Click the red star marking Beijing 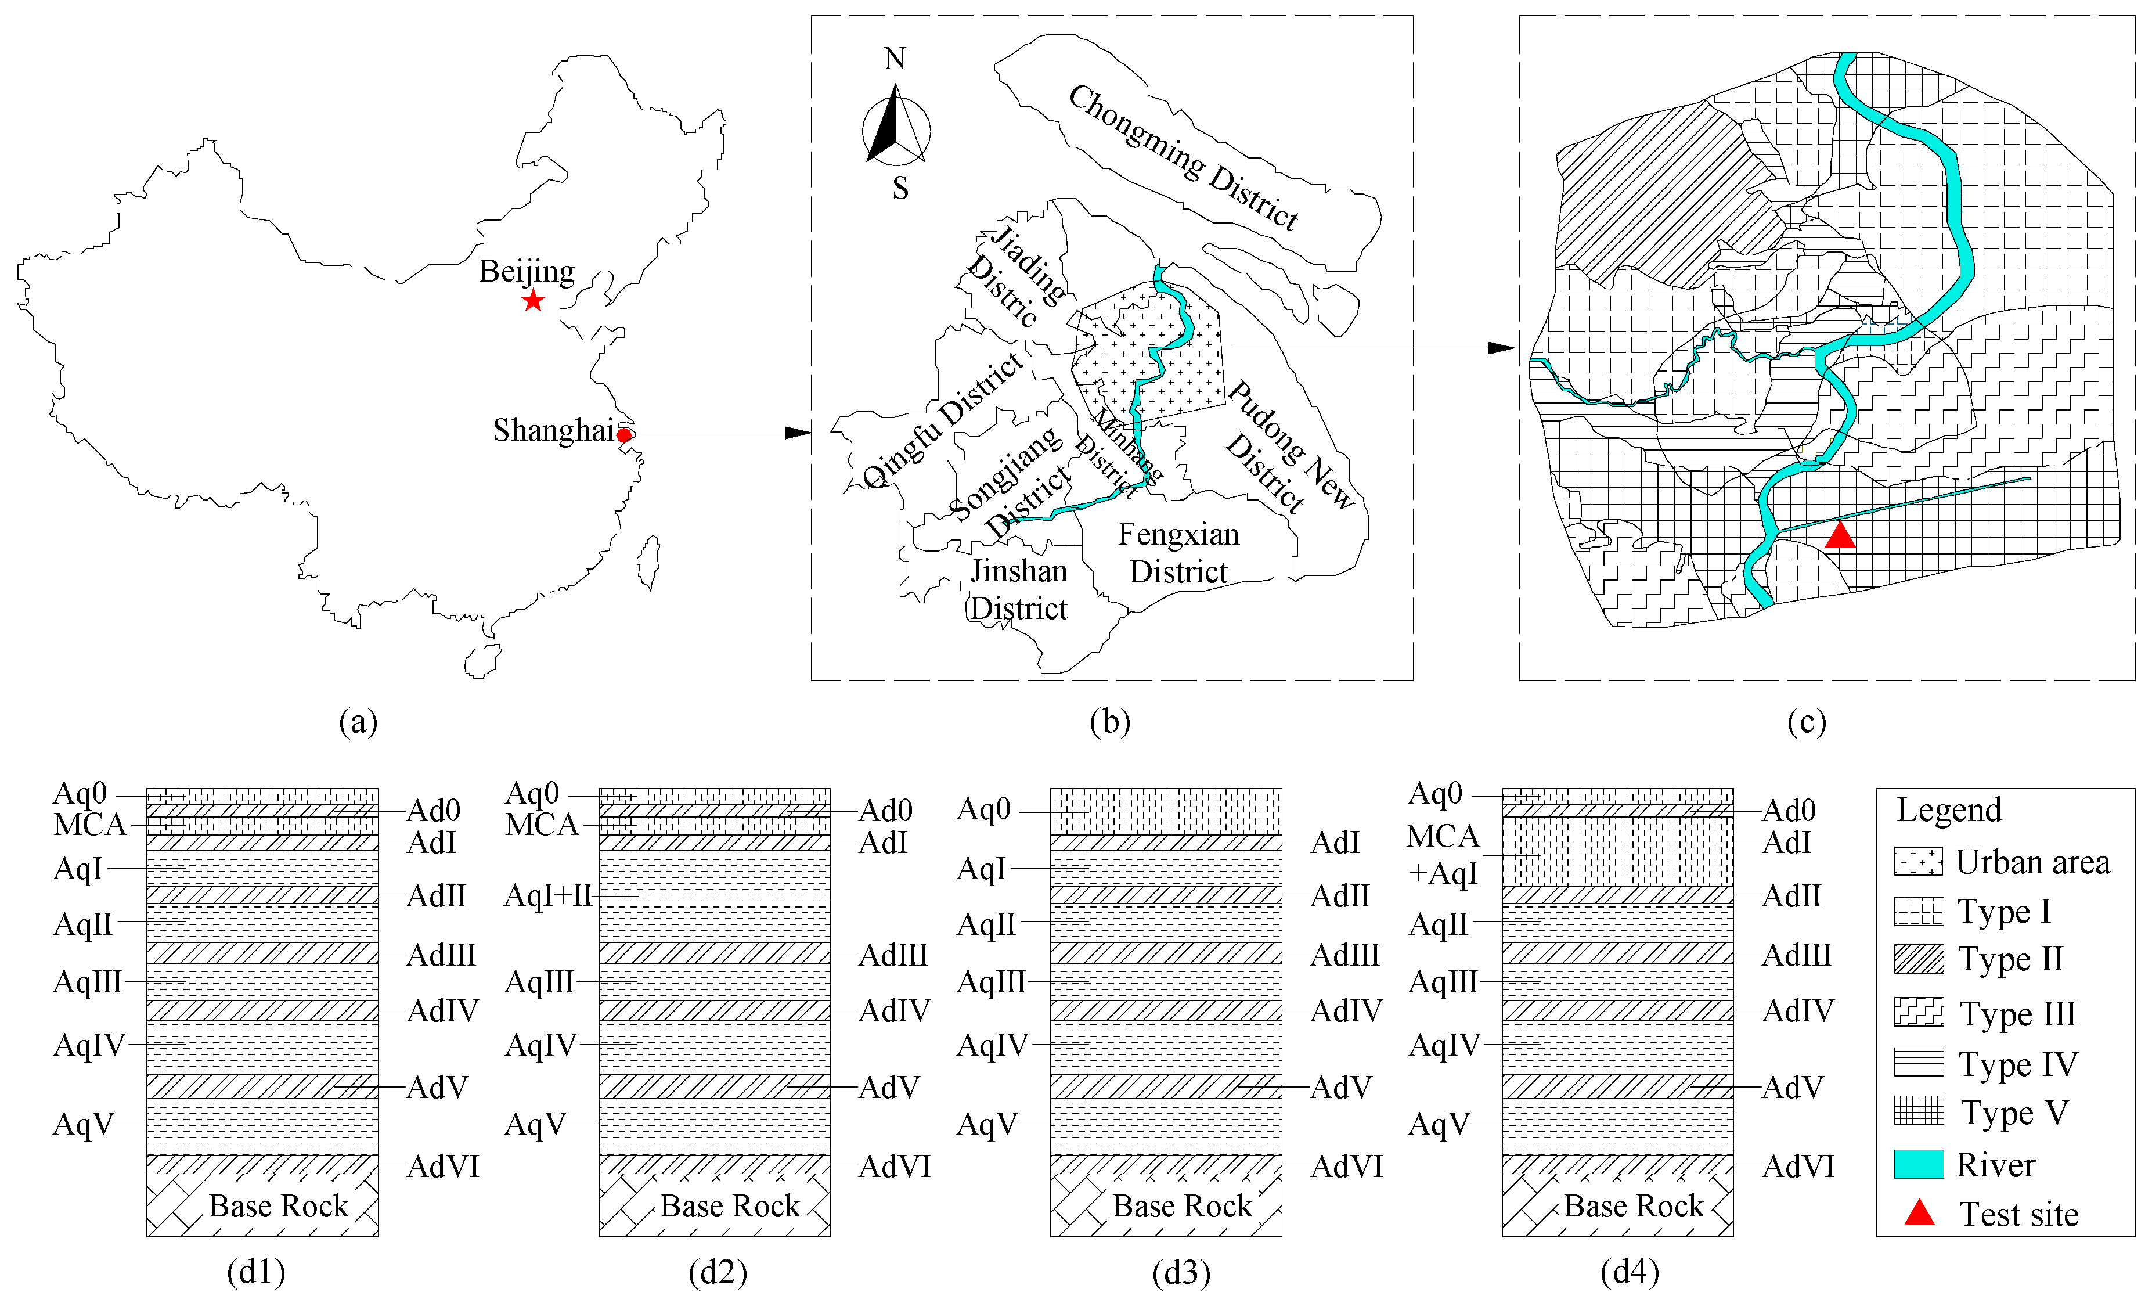(533, 301)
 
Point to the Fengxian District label (1178, 553)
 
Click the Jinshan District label (1018, 589)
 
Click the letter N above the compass (895, 59)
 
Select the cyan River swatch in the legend (1918, 1164)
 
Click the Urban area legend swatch (1918, 861)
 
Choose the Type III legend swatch (1918, 1012)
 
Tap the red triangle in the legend (1919, 1213)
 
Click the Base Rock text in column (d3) (1182, 1206)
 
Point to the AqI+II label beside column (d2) (549, 896)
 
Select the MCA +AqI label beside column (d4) (1443, 854)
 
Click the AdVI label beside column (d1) (443, 1167)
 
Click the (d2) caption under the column (718, 1272)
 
